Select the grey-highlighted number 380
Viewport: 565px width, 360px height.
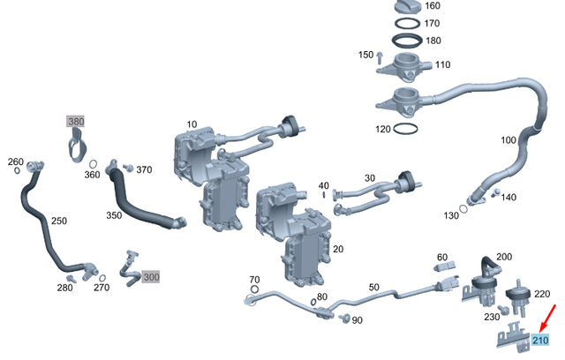pos(78,123)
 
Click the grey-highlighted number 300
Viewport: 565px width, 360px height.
pos(151,277)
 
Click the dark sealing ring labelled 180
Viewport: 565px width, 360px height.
pos(406,41)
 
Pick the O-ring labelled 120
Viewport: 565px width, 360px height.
pos(405,129)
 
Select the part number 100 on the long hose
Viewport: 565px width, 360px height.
pos(508,140)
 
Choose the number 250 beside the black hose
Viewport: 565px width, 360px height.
pos(58,221)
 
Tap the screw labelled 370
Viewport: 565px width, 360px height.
pos(127,167)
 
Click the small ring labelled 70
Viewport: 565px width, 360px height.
pos(254,289)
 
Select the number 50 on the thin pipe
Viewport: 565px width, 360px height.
pos(373,288)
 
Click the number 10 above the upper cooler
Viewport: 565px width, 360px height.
pos(192,124)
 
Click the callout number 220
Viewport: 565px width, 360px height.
pos(542,294)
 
